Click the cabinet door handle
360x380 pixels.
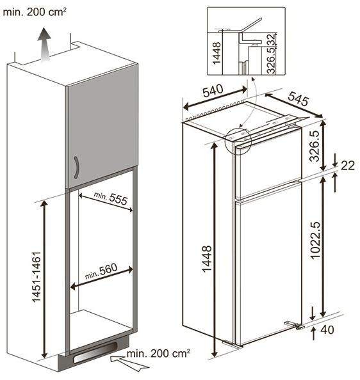77,168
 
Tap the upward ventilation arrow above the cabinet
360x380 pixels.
44,45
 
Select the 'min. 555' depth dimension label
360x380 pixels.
111,198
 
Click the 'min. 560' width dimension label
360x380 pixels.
101,271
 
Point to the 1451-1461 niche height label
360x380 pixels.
36,277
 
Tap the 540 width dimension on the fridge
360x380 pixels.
213,90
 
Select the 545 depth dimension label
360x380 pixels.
299,99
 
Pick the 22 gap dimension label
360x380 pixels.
348,166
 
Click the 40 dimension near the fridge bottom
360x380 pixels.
327,330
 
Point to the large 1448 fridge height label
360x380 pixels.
207,259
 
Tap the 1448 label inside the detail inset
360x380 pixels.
217,53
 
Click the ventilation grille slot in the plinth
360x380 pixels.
95,352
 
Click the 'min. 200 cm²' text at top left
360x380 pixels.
35,12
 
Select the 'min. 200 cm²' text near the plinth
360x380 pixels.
158,354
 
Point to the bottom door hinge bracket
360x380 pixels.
294,324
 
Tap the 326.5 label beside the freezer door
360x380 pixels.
315,146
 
